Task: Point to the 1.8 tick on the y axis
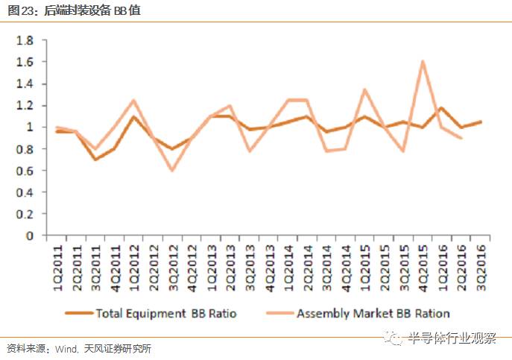(25, 40)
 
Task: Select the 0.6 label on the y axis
(25, 171)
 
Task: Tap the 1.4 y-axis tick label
(25, 83)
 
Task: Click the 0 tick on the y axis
(30, 236)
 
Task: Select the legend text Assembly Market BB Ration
(373, 313)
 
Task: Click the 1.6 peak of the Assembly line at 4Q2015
(423, 62)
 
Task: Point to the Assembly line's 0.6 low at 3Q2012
(171, 171)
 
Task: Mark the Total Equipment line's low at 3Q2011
(95, 160)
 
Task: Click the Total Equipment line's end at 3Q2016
(481, 121)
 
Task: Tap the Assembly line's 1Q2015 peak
(365, 89)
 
